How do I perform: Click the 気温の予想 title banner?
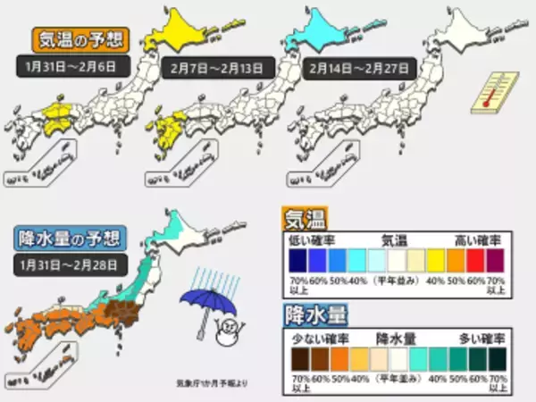[80, 41]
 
